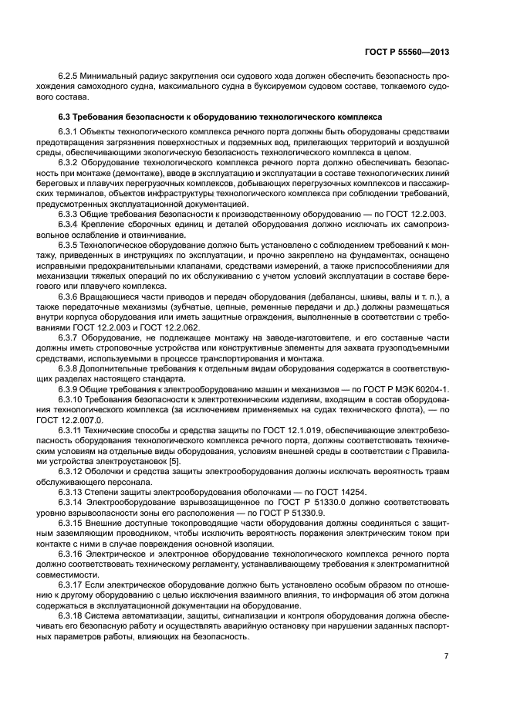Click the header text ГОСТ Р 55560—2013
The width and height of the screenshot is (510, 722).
[407, 52]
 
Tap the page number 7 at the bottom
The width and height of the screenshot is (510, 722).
[446, 656]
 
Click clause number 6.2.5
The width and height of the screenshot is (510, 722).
[70, 76]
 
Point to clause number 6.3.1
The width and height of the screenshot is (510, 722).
[70, 133]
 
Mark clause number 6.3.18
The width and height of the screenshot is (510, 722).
[73, 612]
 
